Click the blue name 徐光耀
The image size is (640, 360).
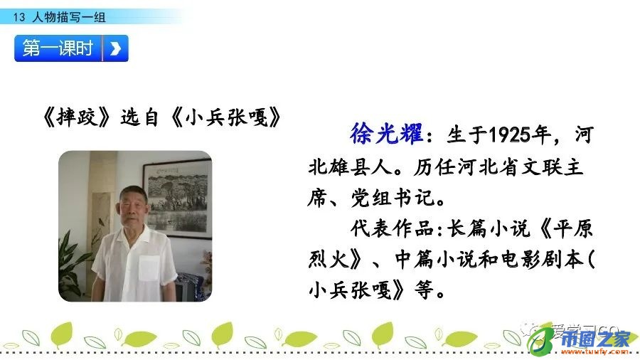pos(386,133)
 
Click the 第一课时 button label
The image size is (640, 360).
pos(58,48)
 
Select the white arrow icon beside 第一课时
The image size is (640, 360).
pos(115,48)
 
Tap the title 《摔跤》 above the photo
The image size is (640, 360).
pos(75,117)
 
